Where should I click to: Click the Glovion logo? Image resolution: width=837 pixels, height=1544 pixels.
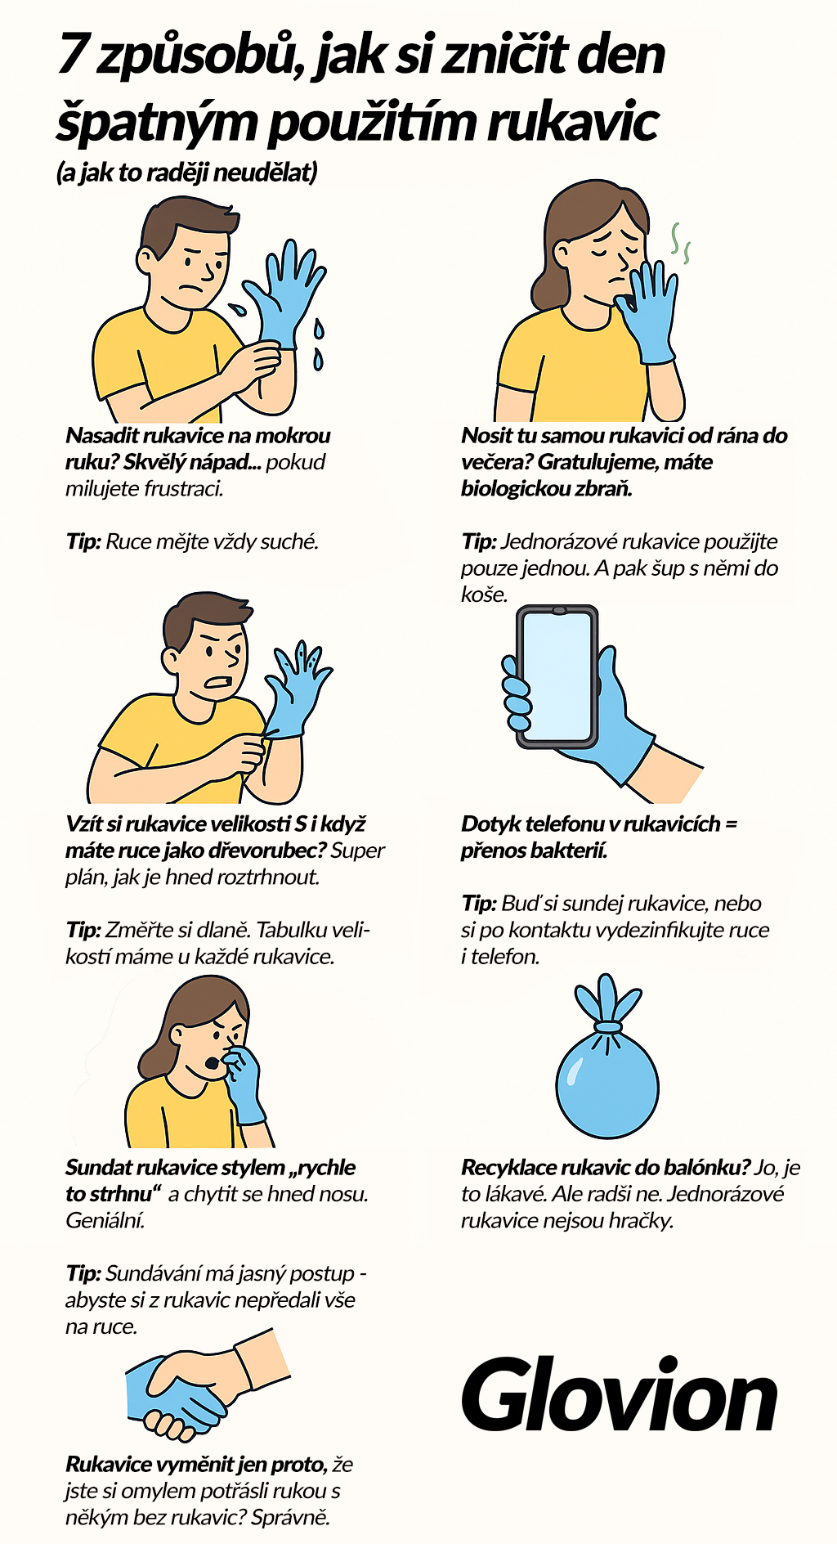pos(619,1397)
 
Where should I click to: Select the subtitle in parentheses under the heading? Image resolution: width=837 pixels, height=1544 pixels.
pos(186,173)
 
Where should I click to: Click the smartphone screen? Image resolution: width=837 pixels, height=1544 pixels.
pos(556,675)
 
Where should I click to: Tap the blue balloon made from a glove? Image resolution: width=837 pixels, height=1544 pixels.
pos(606,1084)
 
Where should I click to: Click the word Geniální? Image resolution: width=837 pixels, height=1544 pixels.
pos(105,1221)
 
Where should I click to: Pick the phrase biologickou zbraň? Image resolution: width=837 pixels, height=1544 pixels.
pos(546,489)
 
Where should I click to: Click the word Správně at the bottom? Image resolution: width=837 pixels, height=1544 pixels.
pos(290,1518)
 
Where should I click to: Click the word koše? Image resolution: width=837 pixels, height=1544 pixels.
pos(483,595)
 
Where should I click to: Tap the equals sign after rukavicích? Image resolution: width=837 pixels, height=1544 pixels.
pos(731,824)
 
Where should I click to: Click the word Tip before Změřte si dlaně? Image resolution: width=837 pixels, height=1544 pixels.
pos(83,931)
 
